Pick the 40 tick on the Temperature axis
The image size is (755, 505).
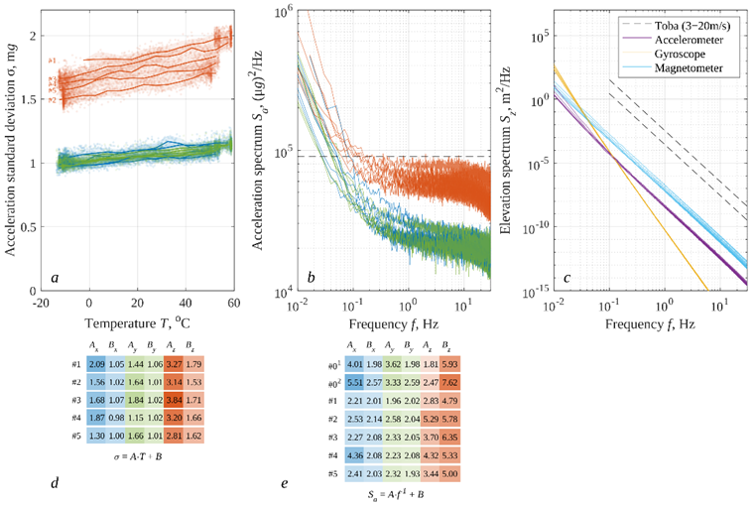point(186,303)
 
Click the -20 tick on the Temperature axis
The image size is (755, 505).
point(41,303)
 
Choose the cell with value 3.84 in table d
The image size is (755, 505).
point(175,401)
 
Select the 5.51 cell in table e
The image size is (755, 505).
point(354,382)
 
